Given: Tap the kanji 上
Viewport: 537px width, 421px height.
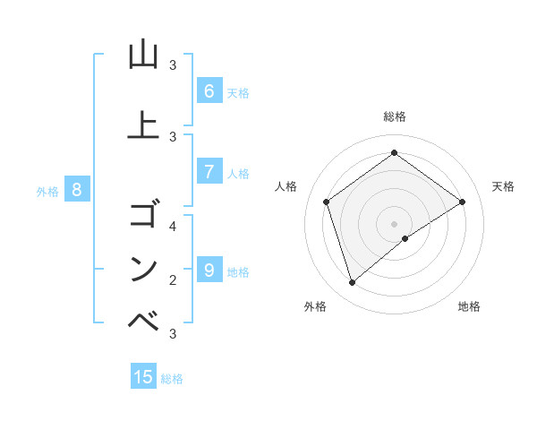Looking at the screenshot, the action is coord(143,125).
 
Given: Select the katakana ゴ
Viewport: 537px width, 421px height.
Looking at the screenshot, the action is coord(143,215).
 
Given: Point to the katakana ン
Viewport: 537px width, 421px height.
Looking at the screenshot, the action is coord(143,269).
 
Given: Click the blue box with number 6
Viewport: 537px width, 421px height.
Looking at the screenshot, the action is coord(209,91).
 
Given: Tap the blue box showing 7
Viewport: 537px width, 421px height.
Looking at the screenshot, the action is coord(209,172).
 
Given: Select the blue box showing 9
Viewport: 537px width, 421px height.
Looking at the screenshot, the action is coord(209,270).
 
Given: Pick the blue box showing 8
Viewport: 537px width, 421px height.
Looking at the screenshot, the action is coord(77,190).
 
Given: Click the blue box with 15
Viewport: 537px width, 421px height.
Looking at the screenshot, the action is coord(143,377).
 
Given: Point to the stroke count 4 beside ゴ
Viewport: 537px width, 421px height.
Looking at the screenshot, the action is coord(173,226).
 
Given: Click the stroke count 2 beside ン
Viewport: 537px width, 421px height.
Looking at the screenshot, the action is coord(173,279).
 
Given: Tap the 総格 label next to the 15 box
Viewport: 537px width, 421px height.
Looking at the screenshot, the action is coord(172,379).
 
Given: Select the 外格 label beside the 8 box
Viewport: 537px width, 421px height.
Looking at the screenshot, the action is coord(47,191).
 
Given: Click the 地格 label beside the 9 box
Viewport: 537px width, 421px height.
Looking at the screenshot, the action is coord(238,272).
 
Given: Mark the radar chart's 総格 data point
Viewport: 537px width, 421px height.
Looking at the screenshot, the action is coord(394,153).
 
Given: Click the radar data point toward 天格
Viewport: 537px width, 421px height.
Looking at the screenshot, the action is coord(462,202).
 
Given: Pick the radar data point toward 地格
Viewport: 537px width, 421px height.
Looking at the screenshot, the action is coord(405,238).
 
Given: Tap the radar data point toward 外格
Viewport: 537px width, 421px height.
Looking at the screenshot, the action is coord(352,283).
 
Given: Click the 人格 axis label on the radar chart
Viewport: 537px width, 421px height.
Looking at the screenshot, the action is coord(286,186).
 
